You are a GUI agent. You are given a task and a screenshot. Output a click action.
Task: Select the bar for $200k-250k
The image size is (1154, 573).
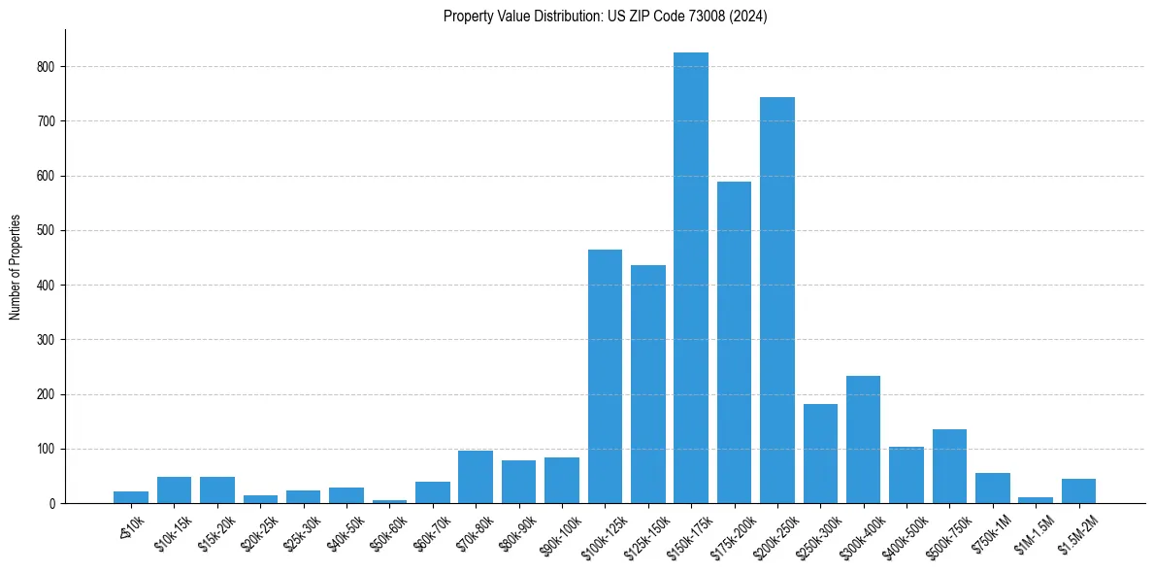[x=777, y=300]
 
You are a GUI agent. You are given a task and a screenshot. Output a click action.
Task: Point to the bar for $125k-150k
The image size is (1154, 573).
[x=648, y=385]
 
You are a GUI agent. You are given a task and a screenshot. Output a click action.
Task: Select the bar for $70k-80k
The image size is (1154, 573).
[x=476, y=477]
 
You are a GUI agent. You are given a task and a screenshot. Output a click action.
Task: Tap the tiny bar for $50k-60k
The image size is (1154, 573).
[x=389, y=501]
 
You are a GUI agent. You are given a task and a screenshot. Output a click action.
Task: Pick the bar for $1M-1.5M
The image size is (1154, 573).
[x=1036, y=500]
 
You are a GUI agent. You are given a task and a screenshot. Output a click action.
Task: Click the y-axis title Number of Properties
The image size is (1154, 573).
[x=16, y=267]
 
